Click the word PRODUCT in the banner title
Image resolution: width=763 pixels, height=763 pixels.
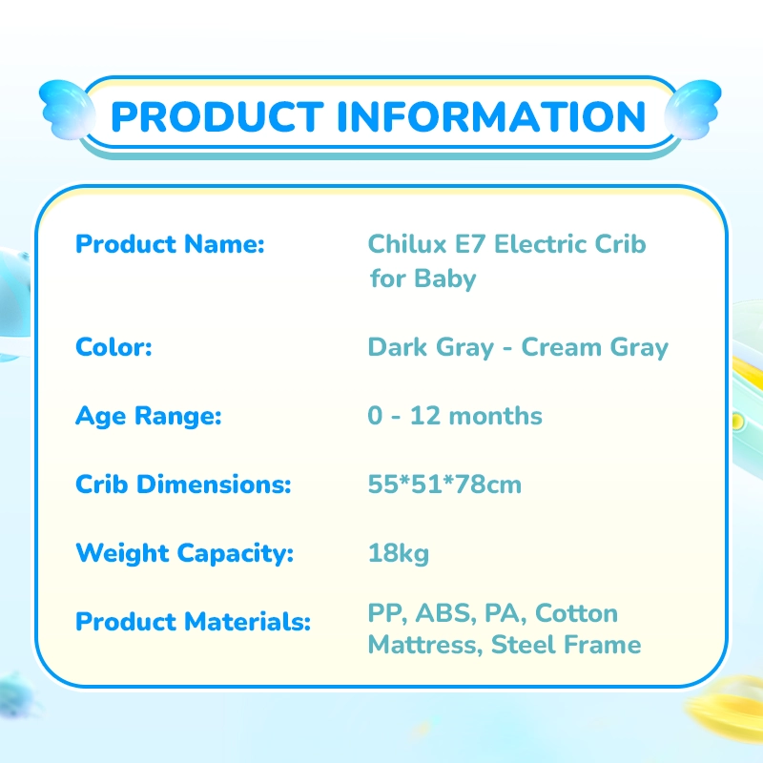point(217,116)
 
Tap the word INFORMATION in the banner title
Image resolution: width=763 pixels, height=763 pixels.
point(491,116)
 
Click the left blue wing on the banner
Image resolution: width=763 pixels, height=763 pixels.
point(67,110)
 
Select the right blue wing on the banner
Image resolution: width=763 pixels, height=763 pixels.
point(693,110)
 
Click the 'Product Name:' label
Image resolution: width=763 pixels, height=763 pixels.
point(170,244)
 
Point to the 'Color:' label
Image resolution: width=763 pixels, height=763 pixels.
point(113,347)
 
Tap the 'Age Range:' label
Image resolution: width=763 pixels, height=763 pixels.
point(149,417)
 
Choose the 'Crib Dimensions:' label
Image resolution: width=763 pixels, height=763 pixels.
point(183,485)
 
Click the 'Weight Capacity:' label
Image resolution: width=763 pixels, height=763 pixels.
point(185,554)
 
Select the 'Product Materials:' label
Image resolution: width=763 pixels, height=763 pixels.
point(194,622)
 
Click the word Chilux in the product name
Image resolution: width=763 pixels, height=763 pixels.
point(407,244)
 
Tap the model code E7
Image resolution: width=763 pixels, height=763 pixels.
point(470,244)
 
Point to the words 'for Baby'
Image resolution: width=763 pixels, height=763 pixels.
point(423,279)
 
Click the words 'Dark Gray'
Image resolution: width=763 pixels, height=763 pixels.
point(431,348)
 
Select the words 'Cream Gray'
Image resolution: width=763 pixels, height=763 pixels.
point(595,348)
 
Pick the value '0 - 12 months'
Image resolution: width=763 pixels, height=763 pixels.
point(455,416)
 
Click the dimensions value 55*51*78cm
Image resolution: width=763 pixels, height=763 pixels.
point(444,485)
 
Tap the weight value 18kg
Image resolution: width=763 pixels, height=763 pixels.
point(399,554)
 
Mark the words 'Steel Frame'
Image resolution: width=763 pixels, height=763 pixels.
point(566,645)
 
